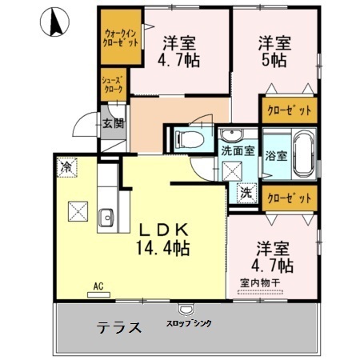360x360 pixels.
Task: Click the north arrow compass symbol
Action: (x=54, y=22)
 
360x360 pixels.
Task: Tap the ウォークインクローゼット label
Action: (x=121, y=38)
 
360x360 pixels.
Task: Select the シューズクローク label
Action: (x=114, y=85)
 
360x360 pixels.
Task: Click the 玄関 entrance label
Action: (x=114, y=123)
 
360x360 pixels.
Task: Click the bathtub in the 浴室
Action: (x=304, y=154)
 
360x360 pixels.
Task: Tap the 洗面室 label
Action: (x=238, y=151)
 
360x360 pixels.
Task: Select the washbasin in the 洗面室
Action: (x=232, y=135)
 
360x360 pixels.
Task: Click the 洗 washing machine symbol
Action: (x=246, y=193)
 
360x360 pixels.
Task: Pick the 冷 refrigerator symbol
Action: (x=66, y=167)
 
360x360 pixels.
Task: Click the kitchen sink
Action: (x=106, y=218)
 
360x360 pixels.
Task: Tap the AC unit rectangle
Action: (x=98, y=294)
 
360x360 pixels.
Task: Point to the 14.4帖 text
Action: (x=163, y=248)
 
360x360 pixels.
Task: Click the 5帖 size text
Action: (x=274, y=60)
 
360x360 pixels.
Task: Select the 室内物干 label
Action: (x=260, y=282)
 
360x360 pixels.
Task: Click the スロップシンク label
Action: (x=189, y=323)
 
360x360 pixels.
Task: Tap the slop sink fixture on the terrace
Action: (x=186, y=310)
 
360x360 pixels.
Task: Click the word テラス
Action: (x=119, y=327)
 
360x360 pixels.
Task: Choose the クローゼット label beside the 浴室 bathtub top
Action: (x=290, y=110)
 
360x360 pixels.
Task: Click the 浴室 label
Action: (x=276, y=156)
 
